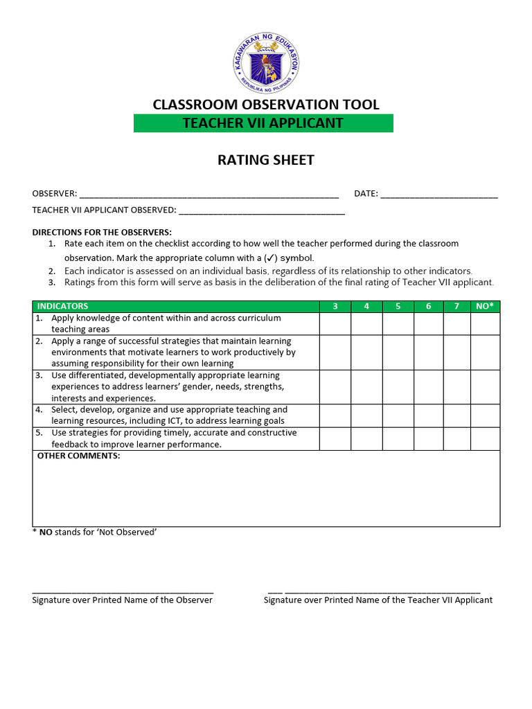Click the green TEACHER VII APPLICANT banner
[x=263, y=123]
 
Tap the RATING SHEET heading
[x=266, y=160]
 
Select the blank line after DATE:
[x=439, y=195]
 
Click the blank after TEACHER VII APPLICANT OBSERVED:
[x=262, y=210]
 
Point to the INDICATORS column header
[x=62, y=306]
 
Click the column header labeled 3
[x=335, y=306]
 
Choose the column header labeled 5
[x=398, y=306]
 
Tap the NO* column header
[x=485, y=306]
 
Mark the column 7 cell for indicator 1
[x=456, y=323]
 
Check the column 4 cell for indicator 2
[x=366, y=352]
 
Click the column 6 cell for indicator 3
[x=429, y=386]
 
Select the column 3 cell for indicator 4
[x=335, y=415]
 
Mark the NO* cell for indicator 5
[x=485, y=438]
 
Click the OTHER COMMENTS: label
[x=78, y=456]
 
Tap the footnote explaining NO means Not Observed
[x=94, y=532]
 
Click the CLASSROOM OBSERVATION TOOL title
[x=266, y=105]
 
